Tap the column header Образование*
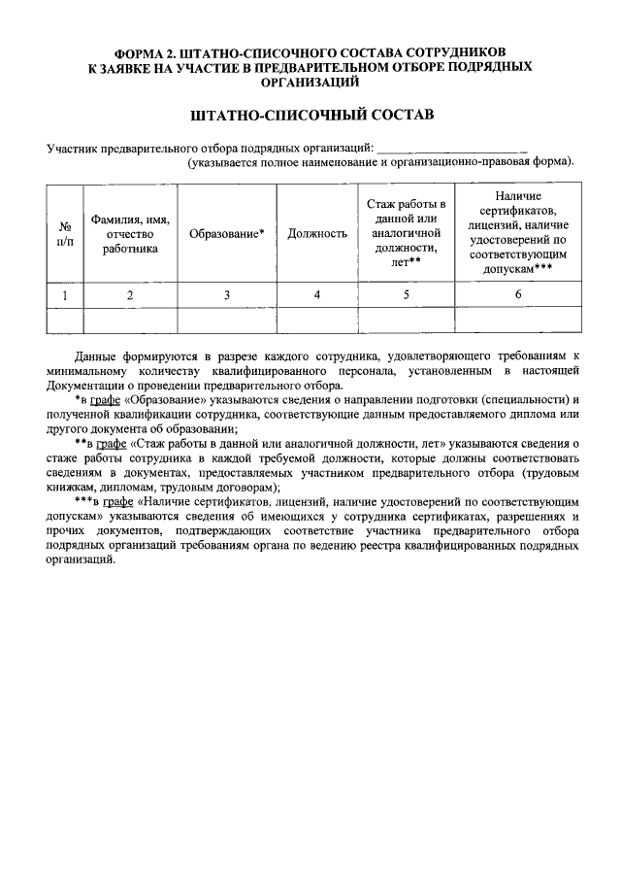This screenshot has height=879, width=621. click(226, 234)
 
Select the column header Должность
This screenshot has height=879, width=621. click(317, 234)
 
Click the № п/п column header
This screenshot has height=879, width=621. click(65, 234)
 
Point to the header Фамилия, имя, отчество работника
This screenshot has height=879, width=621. click(130, 234)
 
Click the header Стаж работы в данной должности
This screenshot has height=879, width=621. click(407, 233)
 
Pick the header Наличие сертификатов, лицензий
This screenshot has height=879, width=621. click(518, 233)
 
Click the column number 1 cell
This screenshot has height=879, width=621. click(65, 294)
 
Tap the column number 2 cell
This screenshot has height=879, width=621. click(130, 294)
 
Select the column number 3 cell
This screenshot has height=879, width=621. click(226, 294)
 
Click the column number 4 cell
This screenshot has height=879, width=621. click(317, 294)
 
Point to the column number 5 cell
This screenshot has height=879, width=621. click(407, 294)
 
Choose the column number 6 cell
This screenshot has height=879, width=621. click(518, 294)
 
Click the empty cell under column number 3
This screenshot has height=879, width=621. click(226, 320)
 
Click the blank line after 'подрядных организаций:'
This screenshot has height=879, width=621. click(450, 148)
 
